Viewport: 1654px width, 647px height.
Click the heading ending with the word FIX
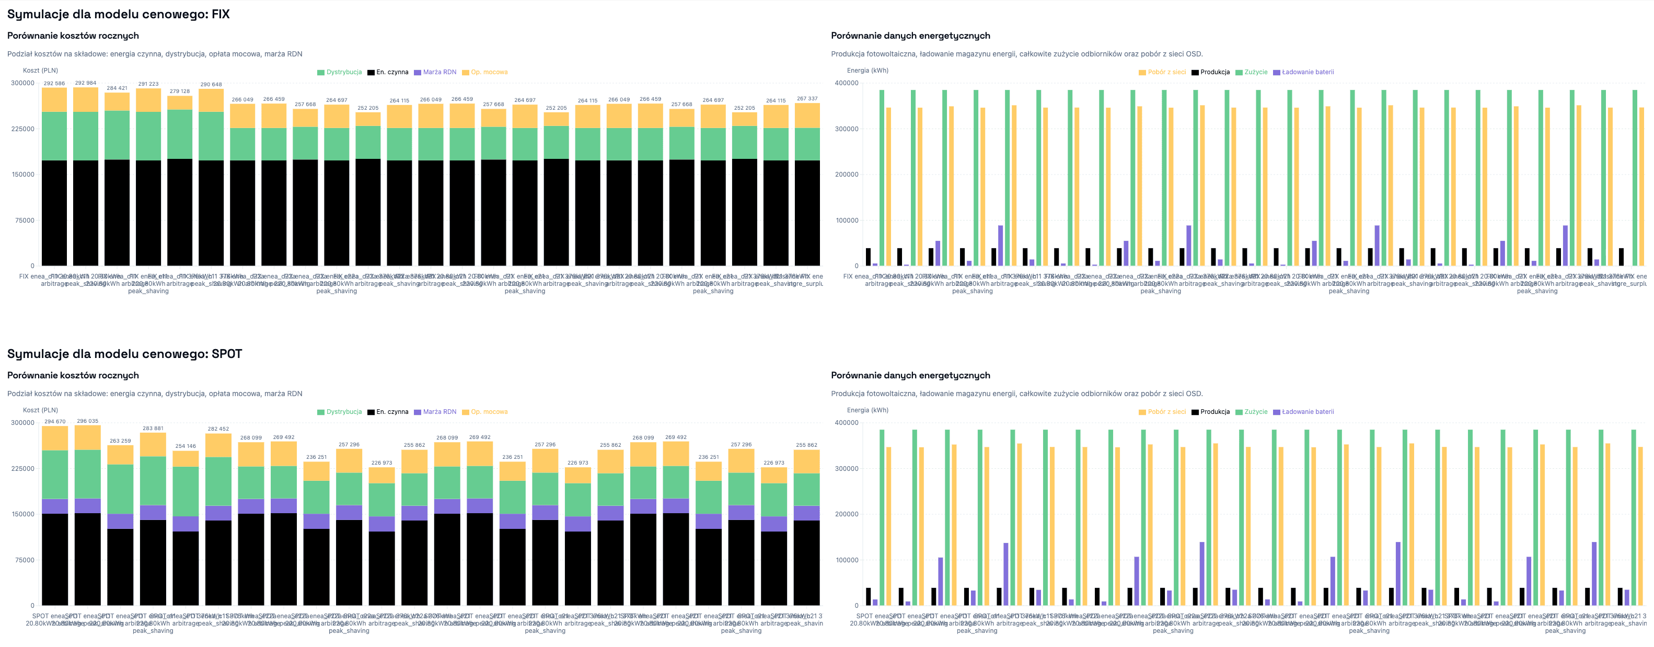(118, 14)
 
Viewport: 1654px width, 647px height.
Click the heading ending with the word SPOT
(124, 354)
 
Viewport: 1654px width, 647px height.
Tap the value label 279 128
(180, 91)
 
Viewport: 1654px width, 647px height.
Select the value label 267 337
(807, 99)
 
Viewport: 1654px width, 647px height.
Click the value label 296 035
(87, 421)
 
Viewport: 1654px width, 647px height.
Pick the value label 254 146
(186, 446)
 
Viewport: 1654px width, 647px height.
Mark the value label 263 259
(120, 441)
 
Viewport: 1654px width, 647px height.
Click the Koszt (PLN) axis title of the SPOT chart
(40, 410)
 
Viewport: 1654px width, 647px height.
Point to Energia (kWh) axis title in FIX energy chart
(868, 71)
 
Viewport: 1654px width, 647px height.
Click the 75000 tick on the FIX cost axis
(23, 220)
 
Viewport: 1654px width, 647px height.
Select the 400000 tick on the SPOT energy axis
(846, 423)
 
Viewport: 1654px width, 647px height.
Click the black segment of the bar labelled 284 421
(117, 212)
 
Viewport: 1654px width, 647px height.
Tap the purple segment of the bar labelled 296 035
(87, 506)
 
